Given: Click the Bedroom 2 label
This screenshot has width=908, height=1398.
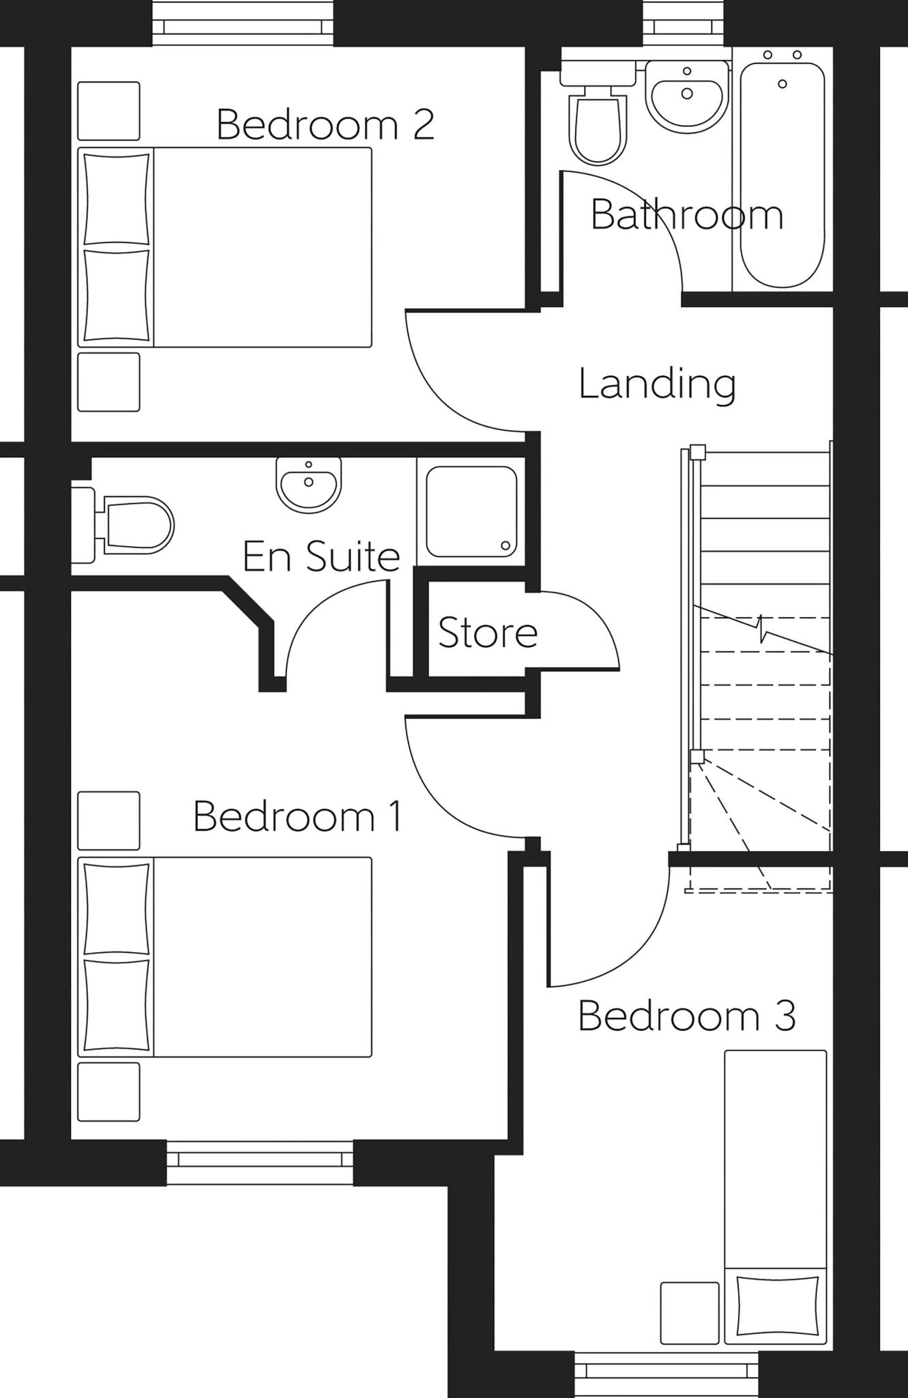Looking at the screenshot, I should click(325, 124).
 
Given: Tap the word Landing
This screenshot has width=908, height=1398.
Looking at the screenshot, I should click(657, 384).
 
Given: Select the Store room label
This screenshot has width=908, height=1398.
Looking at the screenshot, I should click(487, 633).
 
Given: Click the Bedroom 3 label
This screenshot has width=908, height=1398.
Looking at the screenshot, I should click(686, 1015).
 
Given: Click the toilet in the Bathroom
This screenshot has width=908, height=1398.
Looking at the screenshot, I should click(598, 123).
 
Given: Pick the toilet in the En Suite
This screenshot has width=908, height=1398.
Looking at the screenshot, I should click(133, 525).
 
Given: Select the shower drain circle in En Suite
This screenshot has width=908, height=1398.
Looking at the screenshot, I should click(505, 545).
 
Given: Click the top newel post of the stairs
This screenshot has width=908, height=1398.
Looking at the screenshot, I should click(697, 451).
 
